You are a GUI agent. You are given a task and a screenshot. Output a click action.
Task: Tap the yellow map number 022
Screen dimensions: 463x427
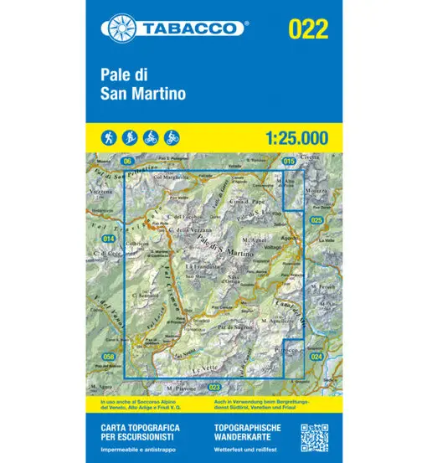pyautogui.click(x=306, y=28)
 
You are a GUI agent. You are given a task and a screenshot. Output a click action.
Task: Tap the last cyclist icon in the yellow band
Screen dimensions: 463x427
pyautogui.click(x=172, y=136)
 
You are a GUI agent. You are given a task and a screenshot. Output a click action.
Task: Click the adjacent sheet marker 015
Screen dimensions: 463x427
pyautogui.click(x=290, y=160)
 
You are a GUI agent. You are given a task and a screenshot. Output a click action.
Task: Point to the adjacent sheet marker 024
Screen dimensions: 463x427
pyautogui.click(x=316, y=358)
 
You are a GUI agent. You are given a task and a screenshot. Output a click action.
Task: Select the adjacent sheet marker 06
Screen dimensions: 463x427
pyautogui.click(x=127, y=160)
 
